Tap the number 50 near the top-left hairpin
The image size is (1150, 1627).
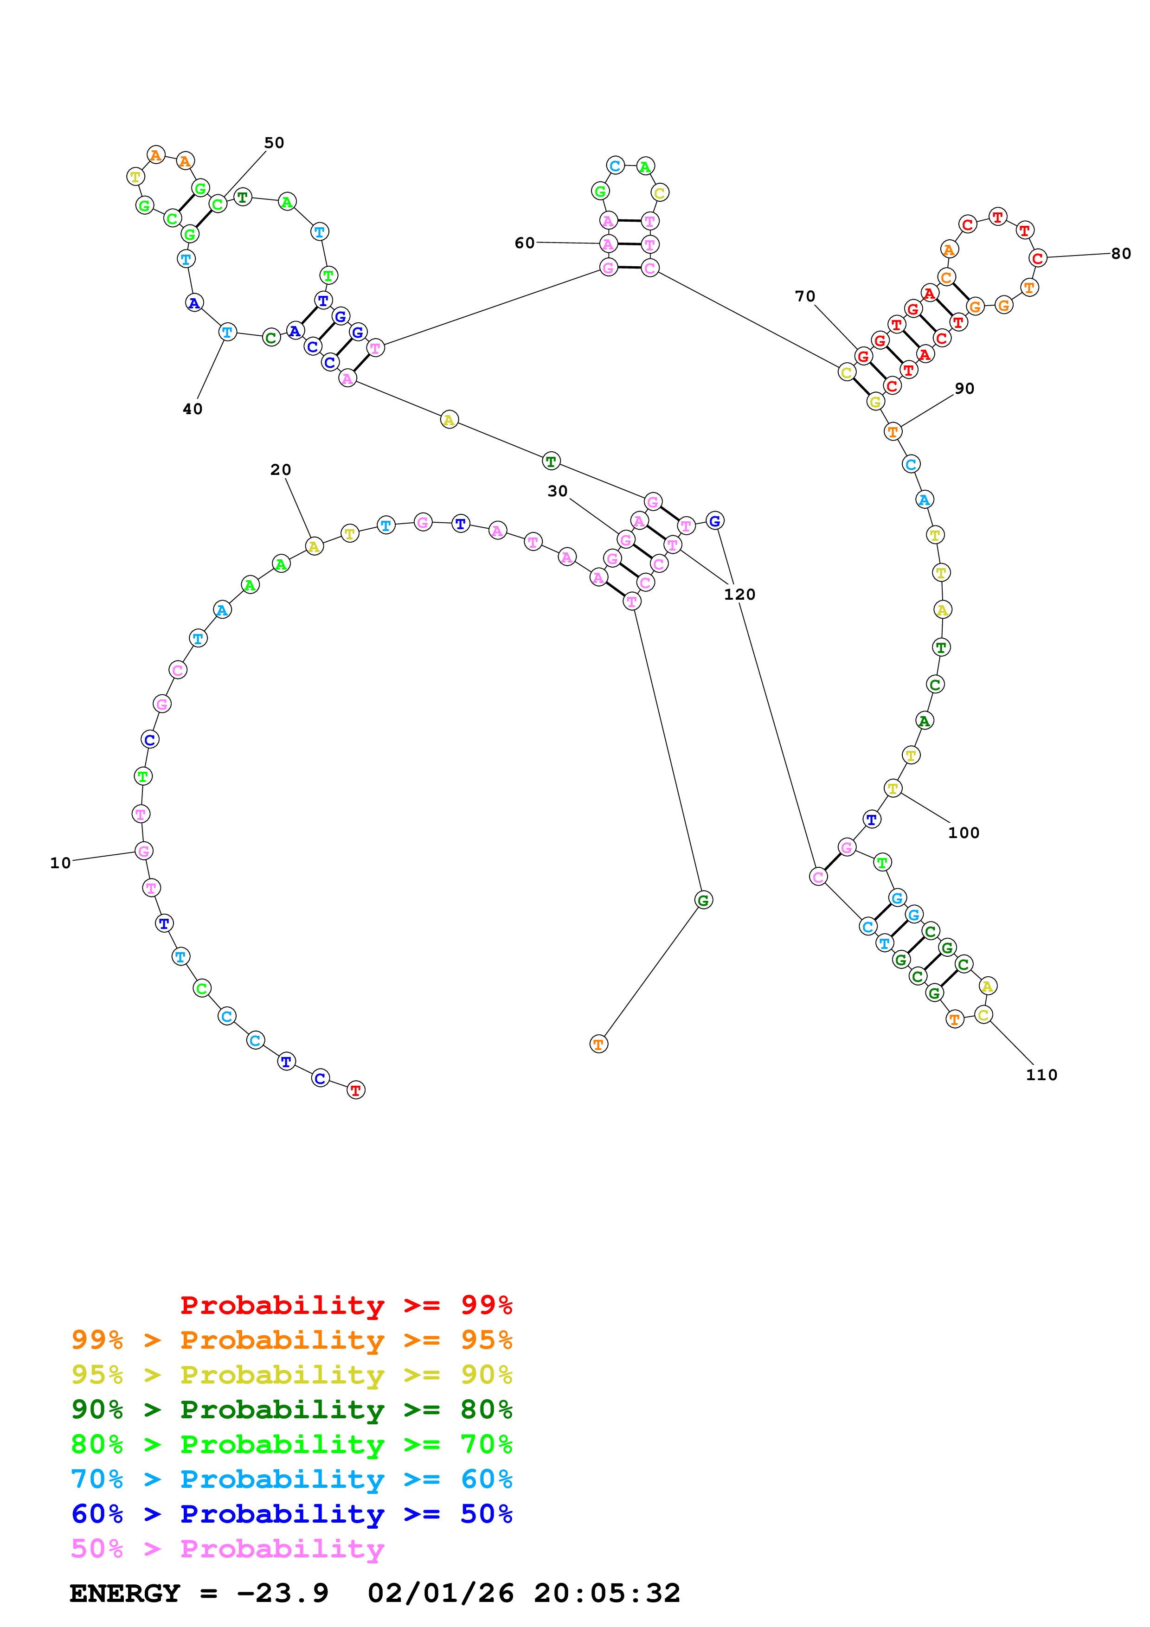[274, 142]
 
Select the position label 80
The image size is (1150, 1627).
[1120, 254]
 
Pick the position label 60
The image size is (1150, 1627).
[524, 243]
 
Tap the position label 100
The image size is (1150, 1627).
[963, 833]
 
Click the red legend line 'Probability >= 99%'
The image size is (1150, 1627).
[346, 1305]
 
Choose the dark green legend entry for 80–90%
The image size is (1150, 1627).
[291, 1409]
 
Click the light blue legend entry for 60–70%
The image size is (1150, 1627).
[291, 1479]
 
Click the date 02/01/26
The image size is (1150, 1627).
[440, 1593]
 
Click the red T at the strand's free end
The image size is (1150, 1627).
[356, 1090]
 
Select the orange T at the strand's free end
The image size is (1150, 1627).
[599, 1044]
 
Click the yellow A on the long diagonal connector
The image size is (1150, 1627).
[449, 420]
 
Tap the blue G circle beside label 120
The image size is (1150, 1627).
[715, 521]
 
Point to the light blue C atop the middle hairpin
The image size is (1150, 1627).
[615, 166]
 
